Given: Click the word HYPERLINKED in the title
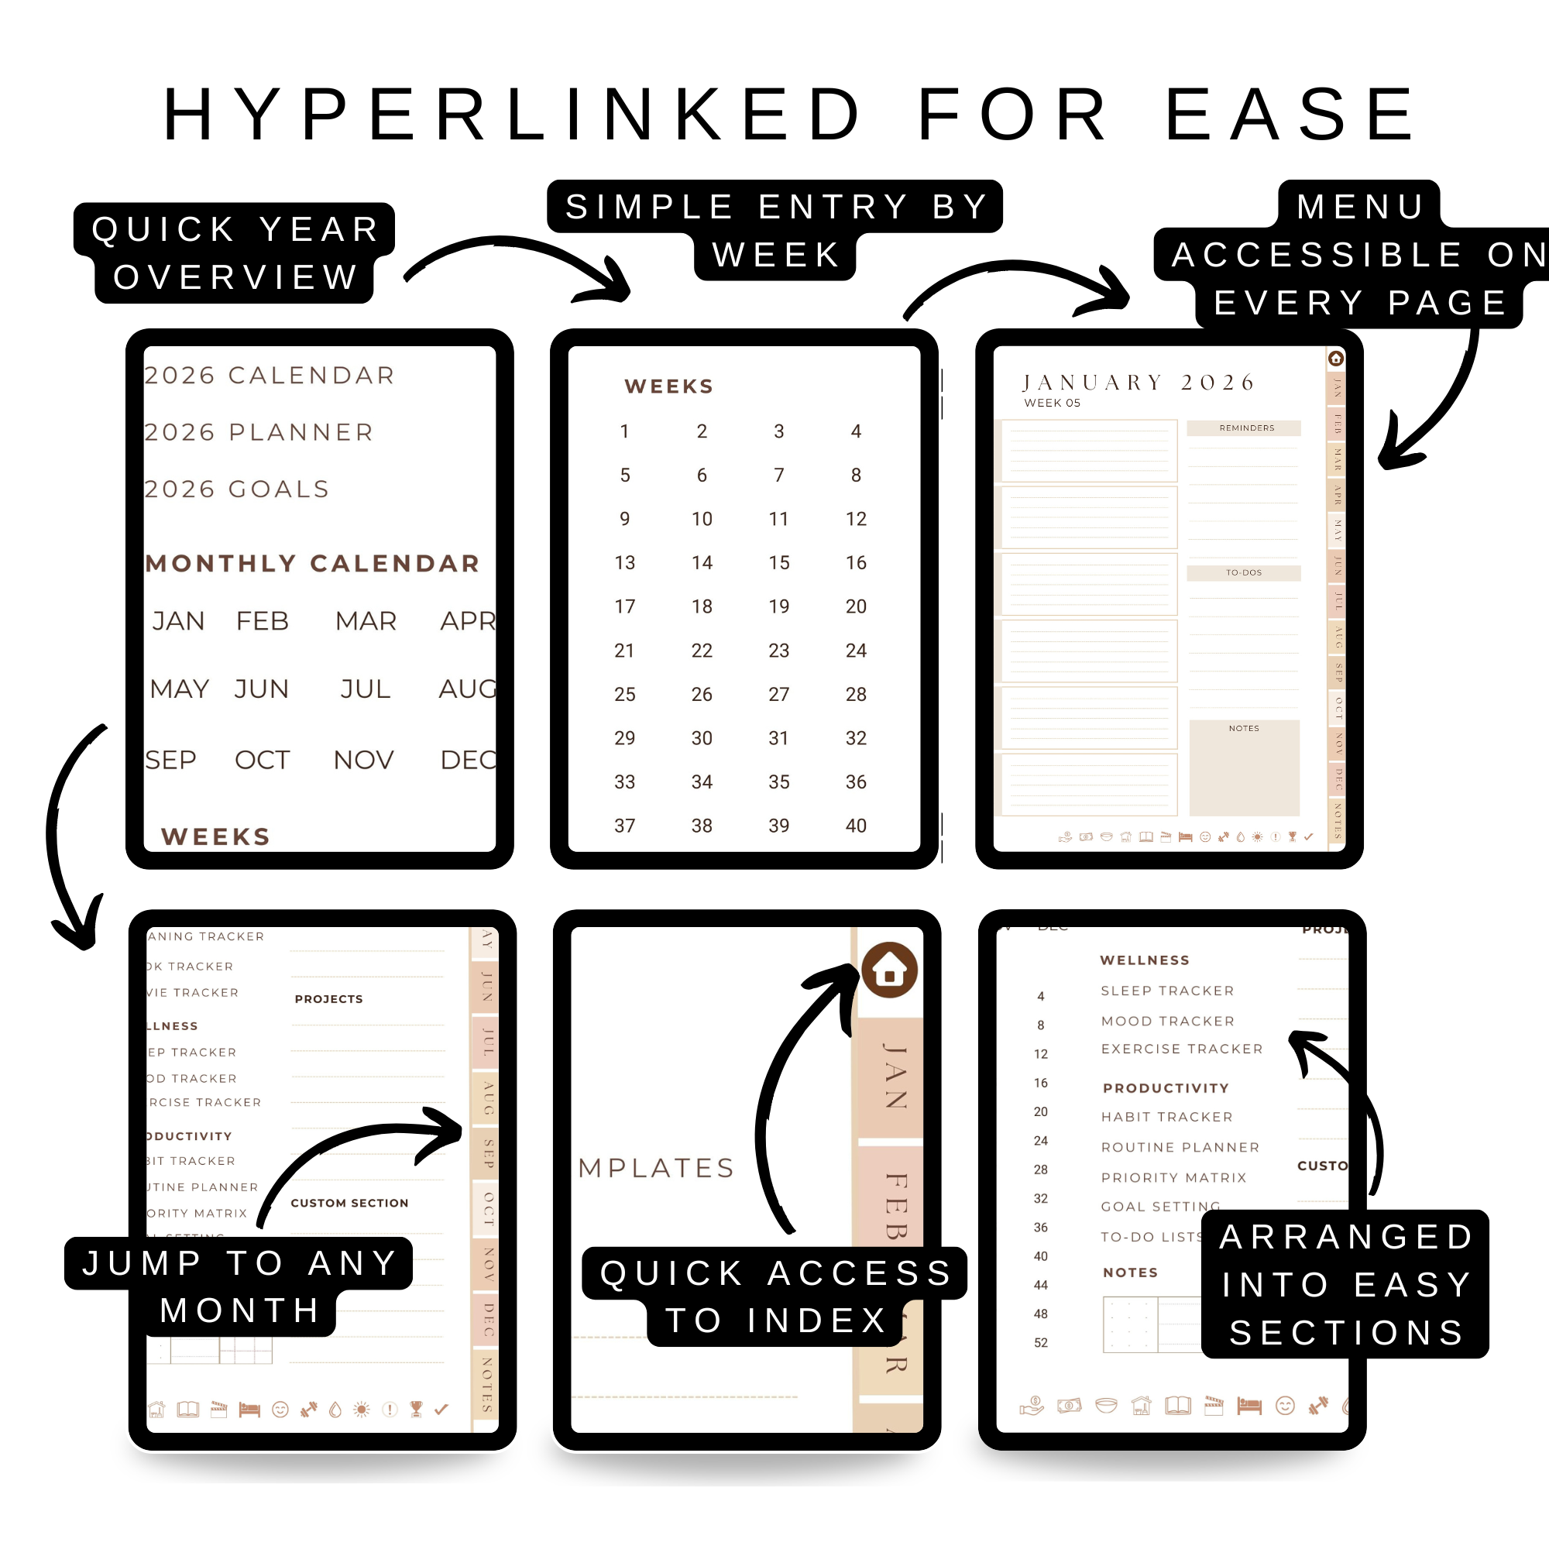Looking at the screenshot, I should pyautogui.click(x=513, y=115).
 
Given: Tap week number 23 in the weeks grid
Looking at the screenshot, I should pyautogui.click(x=778, y=651).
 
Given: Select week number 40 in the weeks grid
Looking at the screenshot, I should pyautogui.click(x=856, y=826).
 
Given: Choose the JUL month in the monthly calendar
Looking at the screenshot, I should pyautogui.click(x=365, y=689).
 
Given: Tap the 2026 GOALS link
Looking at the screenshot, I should pyautogui.click(x=237, y=489).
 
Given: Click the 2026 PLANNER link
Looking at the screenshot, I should pyautogui.click(x=259, y=432).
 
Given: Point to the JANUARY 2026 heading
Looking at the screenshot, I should pyautogui.click(x=1139, y=383).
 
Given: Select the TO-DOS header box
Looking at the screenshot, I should pyautogui.click(x=1244, y=572).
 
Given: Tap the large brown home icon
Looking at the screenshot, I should pyautogui.click(x=889, y=970).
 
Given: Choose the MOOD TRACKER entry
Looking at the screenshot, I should pyautogui.click(x=1167, y=1021).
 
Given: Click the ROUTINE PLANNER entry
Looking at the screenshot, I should pyautogui.click(x=1180, y=1147).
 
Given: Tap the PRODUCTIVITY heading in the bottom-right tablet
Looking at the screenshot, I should pyautogui.click(x=1166, y=1088).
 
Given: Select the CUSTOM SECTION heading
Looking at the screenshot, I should pyautogui.click(x=349, y=1203).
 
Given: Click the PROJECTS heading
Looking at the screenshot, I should pyautogui.click(x=328, y=999).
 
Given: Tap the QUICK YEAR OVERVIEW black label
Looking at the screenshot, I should pyautogui.click(x=235, y=252).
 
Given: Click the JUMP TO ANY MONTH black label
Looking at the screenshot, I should pyautogui.click(x=239, y=1286).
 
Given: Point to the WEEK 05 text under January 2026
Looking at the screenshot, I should pyautogui.click(x=1052, y=404).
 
